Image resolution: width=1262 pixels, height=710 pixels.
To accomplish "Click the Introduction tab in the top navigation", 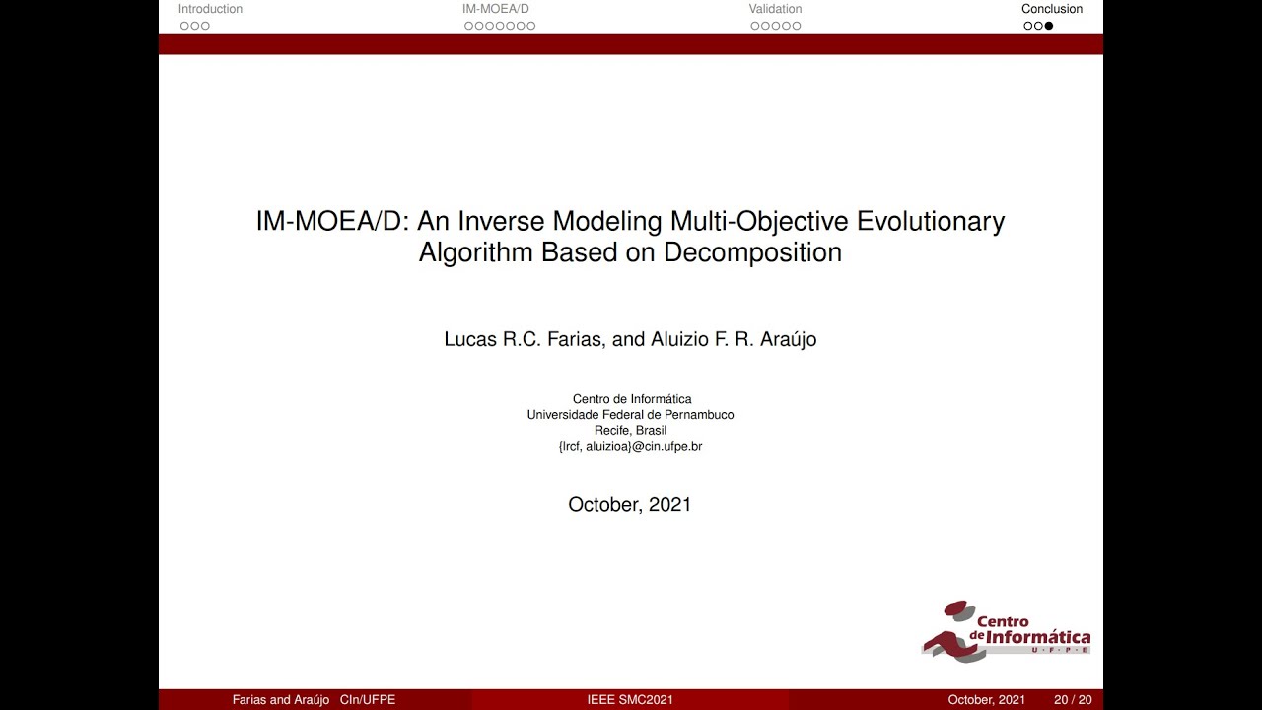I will pos(210,9).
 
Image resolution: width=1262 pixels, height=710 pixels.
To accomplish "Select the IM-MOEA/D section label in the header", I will pos(495,9).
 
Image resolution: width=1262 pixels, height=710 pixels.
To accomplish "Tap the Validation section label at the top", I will pos(775,9).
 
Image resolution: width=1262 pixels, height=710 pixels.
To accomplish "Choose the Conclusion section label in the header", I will pos(1051,9).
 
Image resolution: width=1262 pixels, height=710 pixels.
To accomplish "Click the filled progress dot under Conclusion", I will pos(1049,26).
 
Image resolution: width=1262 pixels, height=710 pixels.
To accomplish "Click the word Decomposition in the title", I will pos(752,252).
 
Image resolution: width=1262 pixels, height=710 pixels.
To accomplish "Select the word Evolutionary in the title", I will pos(931,221).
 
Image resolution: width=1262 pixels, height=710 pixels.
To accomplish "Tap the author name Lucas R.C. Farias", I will pos(524,339).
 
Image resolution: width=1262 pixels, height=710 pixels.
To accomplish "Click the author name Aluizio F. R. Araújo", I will pos(734,339).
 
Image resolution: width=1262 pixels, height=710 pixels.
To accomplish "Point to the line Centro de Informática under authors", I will pos(631,399).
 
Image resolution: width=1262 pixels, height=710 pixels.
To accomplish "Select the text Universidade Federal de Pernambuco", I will pos(630,415).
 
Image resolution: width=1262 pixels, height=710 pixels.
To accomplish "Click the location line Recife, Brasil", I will pos(630,431).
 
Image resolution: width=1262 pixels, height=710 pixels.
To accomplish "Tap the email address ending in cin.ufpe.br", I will pos(630,447).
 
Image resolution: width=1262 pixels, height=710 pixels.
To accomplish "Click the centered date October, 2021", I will pos(630,505).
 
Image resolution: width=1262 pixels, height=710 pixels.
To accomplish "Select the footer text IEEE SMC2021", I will pos(630,700).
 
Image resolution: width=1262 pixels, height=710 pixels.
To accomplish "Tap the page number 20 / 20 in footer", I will pos(1073,700).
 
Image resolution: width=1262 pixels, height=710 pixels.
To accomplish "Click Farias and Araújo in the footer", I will pos(281,700).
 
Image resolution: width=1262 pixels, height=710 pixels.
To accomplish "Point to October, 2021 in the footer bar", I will pos(986,700).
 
